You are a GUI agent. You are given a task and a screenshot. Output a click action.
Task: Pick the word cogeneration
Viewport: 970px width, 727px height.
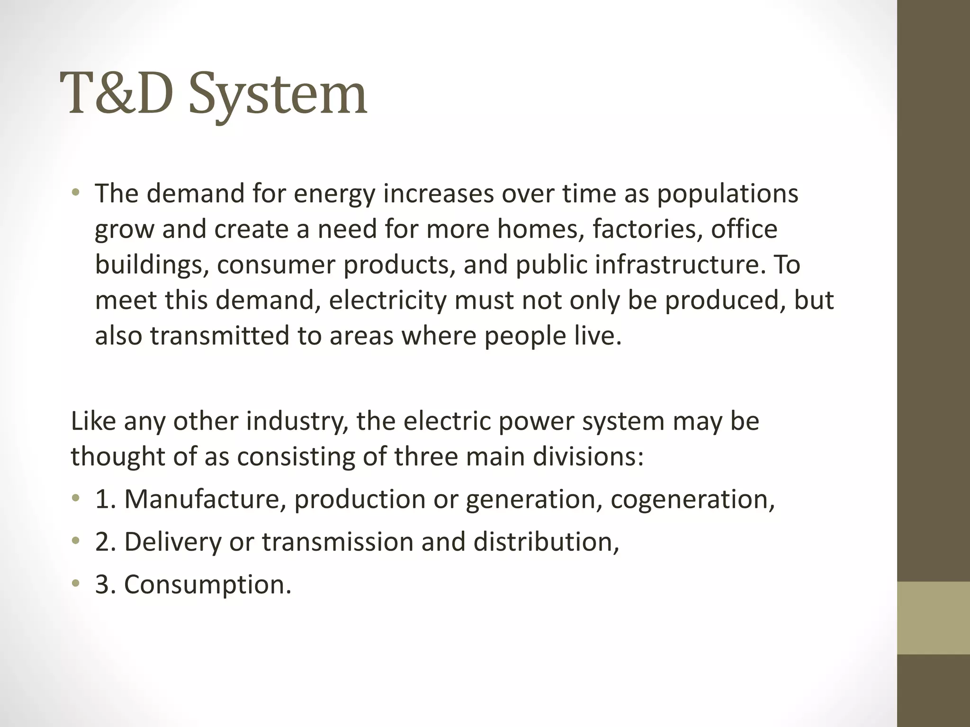692,500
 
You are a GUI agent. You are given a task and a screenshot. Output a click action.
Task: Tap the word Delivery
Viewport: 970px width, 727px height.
172,542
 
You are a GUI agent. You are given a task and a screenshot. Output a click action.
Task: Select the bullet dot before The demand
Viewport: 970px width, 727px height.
76,193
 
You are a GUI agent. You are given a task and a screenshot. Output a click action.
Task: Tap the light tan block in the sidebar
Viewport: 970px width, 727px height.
933,618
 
